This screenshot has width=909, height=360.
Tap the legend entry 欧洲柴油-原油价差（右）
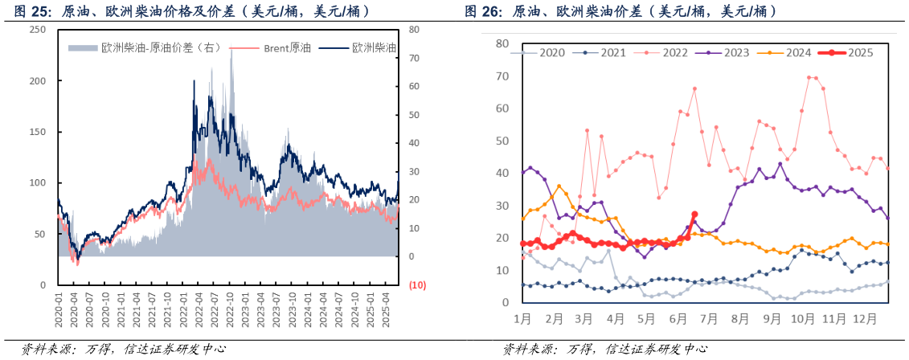145,48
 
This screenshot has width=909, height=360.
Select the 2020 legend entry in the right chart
538,52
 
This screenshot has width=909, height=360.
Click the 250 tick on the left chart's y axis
37,30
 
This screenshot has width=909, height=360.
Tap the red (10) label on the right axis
417,285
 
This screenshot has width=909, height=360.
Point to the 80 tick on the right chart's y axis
502,43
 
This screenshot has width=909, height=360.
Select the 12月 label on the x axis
864,319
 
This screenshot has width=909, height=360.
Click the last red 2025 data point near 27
694,215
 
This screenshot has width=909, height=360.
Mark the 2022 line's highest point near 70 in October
809,77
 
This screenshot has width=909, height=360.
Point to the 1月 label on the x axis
522,319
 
